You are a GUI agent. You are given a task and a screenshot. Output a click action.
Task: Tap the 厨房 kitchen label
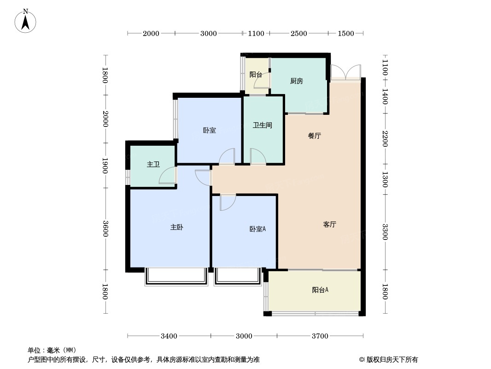click(297, 81)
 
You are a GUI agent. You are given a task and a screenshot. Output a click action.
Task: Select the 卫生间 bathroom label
click(263, 125)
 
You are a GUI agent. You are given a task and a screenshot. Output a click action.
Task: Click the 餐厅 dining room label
click(314, 136)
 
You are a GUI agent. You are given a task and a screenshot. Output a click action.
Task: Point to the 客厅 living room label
click(329, 225)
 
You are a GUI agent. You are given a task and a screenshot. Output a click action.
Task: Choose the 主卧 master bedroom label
click(177, 227)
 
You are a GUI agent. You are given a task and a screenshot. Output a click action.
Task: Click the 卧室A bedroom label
click(257, 229)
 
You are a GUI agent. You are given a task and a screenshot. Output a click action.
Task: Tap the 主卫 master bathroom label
click(153, 164)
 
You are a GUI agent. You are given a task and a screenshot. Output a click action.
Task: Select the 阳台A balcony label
click(320, 290)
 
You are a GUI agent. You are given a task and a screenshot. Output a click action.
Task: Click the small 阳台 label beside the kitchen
click(256, 74)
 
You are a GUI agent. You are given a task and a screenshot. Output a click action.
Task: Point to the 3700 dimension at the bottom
click(320, 336)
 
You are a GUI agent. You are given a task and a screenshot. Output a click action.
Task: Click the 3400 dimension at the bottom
click(169, 336)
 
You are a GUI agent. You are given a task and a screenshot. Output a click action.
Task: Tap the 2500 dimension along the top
click(298, 33)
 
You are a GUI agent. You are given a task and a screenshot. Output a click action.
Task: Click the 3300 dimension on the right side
click(385, 232)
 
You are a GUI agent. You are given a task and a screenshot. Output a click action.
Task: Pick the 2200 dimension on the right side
click(385, 139)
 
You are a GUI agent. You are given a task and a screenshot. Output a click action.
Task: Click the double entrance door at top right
click(345, 72)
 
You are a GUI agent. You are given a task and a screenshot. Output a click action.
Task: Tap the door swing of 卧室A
click(227, 202)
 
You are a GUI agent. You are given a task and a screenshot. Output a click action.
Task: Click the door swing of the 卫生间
click(257, 156)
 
